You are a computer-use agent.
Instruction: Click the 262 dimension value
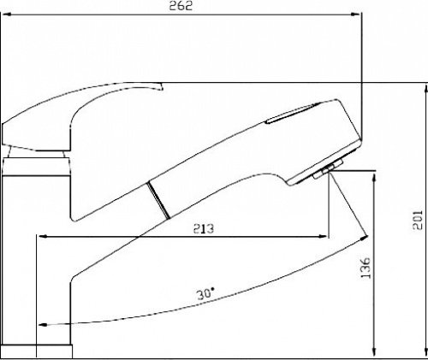tap(181, 6)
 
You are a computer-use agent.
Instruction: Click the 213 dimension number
tap(204, 228)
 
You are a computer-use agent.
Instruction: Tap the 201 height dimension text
tap(418, 220)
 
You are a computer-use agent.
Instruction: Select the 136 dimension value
tap(365, 268)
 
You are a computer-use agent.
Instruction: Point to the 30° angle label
tap(205, 293)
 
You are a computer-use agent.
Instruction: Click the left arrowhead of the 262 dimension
tap(6, 14)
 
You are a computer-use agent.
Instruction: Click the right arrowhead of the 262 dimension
tap(355, 14)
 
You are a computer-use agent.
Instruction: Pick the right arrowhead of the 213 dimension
tap(323, 236)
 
